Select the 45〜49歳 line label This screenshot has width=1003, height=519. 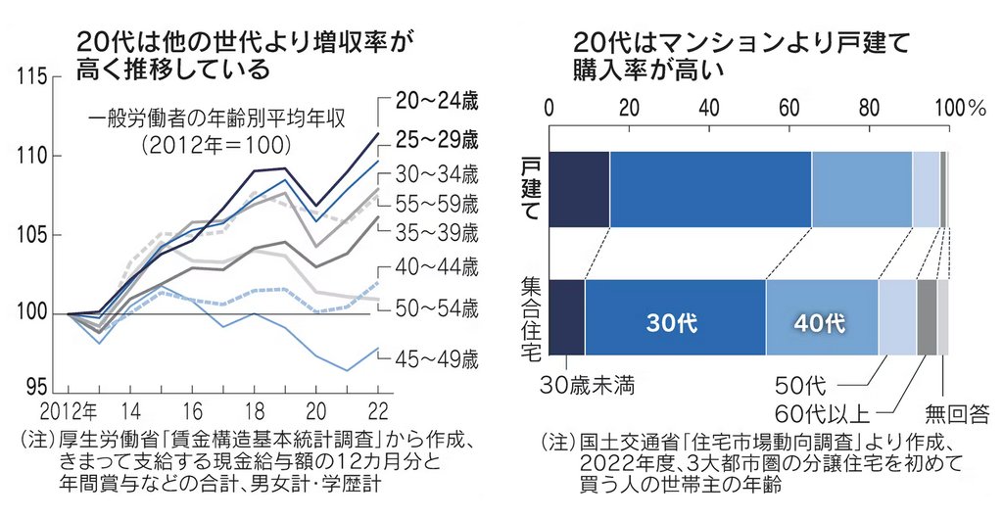pyautogui.click(x=437, y=358)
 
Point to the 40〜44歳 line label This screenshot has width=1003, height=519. pyautogui.click(x=437, y=265)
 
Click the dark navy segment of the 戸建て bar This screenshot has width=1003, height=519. pyautogui.click(x=579, y=189)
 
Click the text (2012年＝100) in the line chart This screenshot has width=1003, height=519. pyautogui.click(x=215, y=145)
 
